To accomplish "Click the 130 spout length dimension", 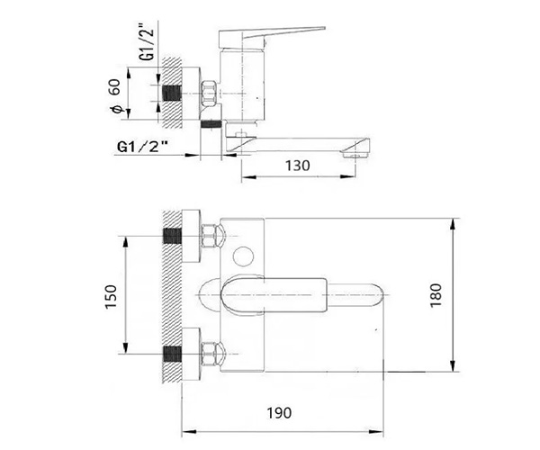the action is coord(298,166).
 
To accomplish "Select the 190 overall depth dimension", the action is coord(279,412).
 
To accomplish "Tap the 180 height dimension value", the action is coord(436,295).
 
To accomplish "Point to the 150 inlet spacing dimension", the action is coord(112,296).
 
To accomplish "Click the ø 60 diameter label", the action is coord(115,96).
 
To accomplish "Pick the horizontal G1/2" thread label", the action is coord(142,147).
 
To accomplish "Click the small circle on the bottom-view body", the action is coord(243,256).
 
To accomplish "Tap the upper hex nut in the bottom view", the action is coord(210,236).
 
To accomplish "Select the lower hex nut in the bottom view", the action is coord(210,354).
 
